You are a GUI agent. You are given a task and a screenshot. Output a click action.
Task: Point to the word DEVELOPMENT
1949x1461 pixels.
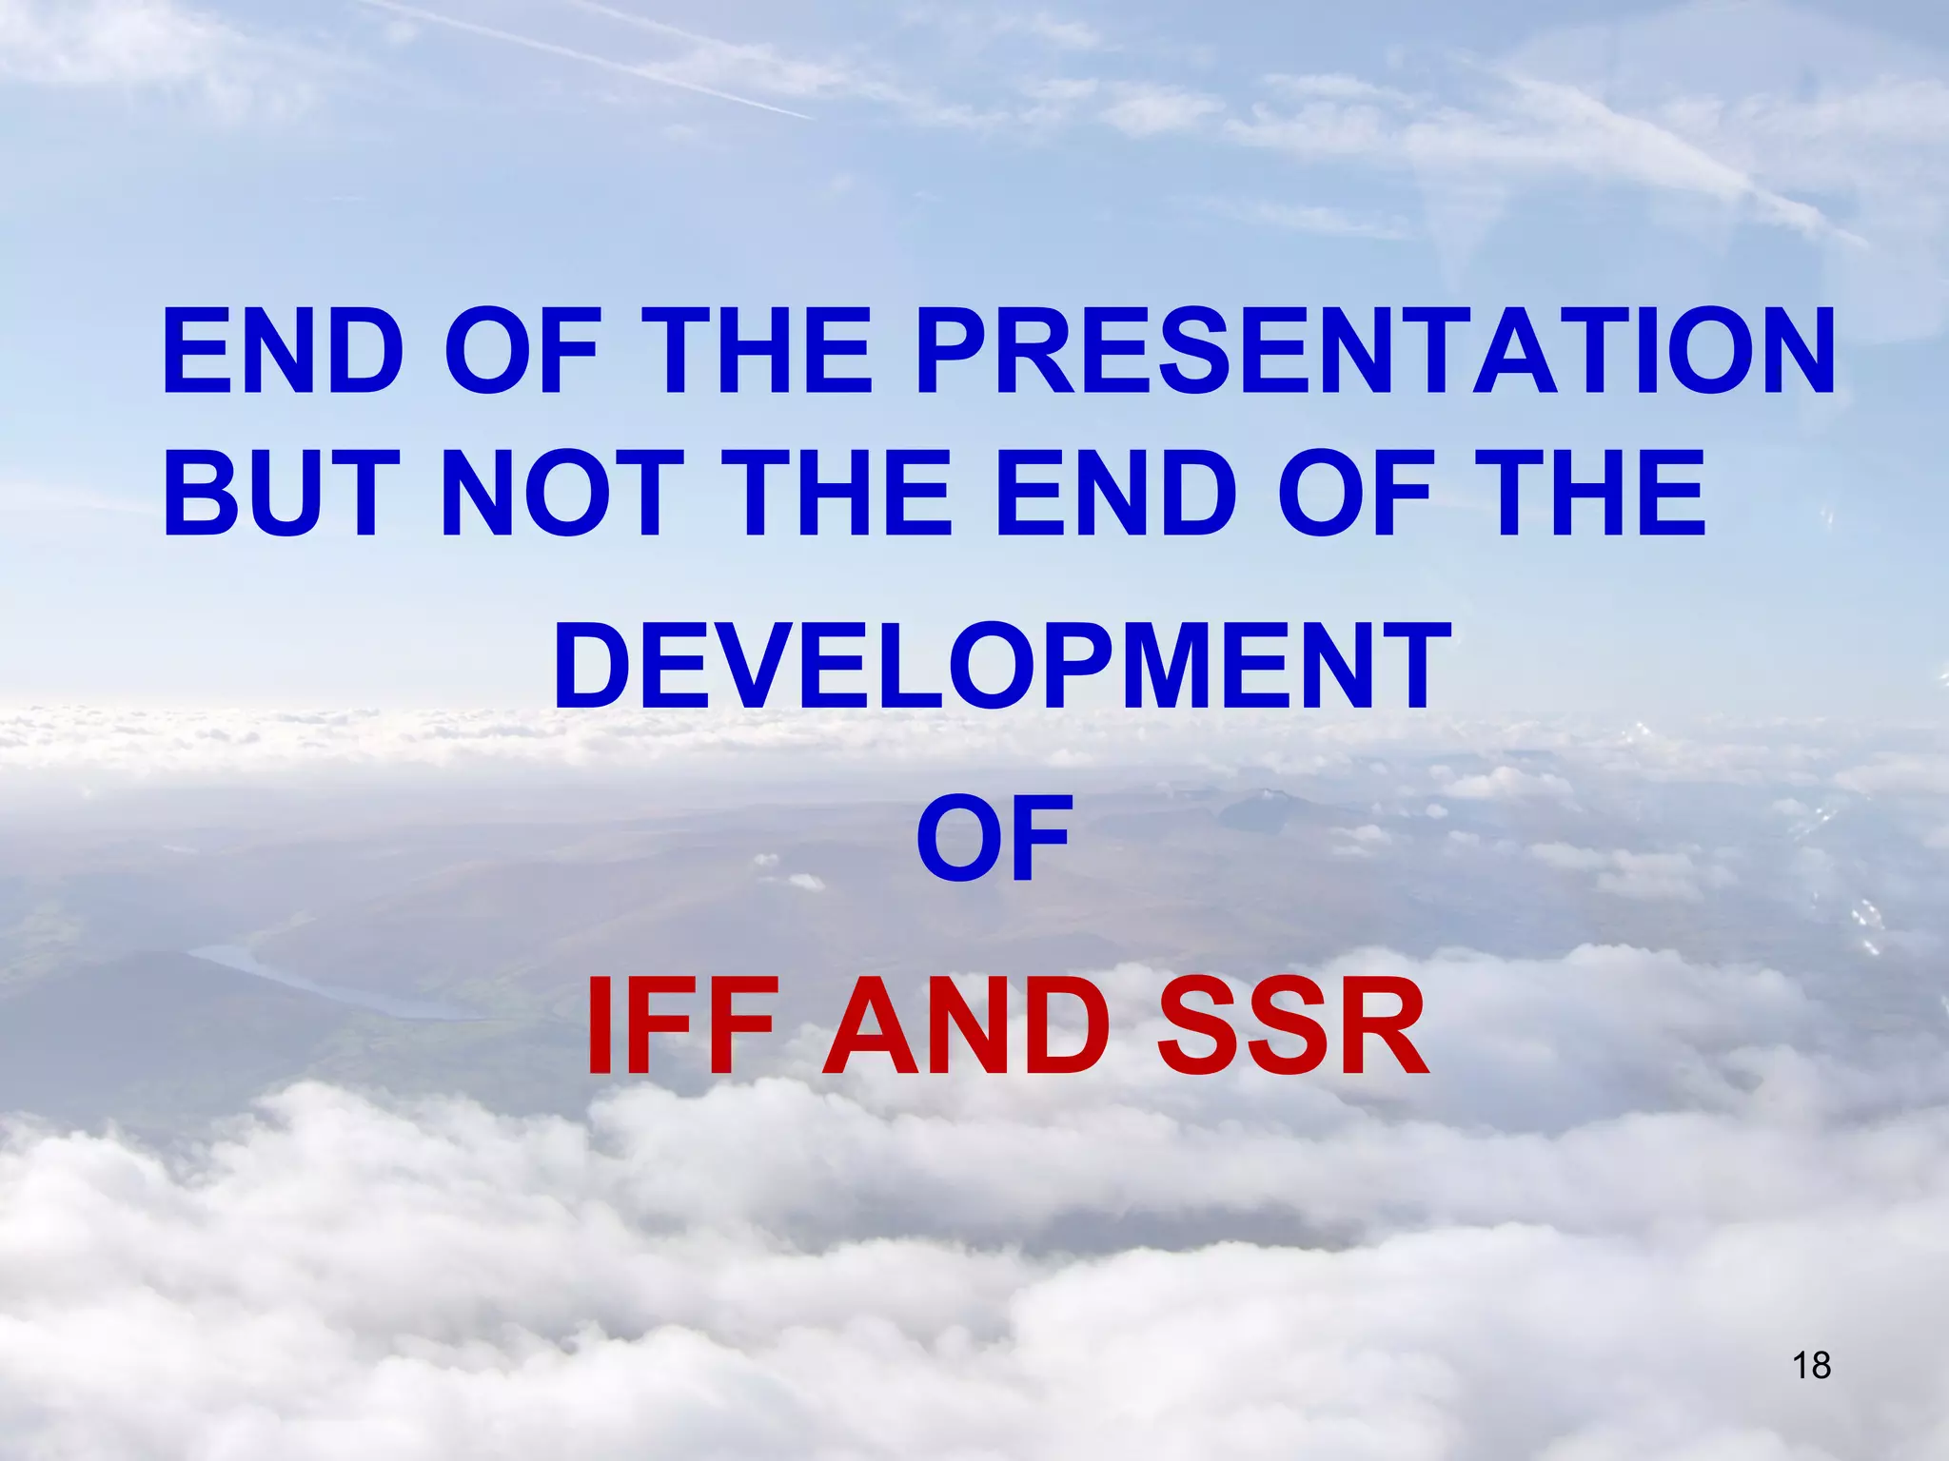(1002, 665)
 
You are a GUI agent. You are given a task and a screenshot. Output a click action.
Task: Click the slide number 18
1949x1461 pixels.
(1811, 1365)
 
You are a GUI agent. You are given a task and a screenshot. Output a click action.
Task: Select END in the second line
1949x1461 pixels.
(1110, 494)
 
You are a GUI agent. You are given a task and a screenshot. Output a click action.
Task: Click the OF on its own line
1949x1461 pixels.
(994, 838)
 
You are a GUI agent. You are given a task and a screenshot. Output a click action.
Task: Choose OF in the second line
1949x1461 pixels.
(1354, 494)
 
